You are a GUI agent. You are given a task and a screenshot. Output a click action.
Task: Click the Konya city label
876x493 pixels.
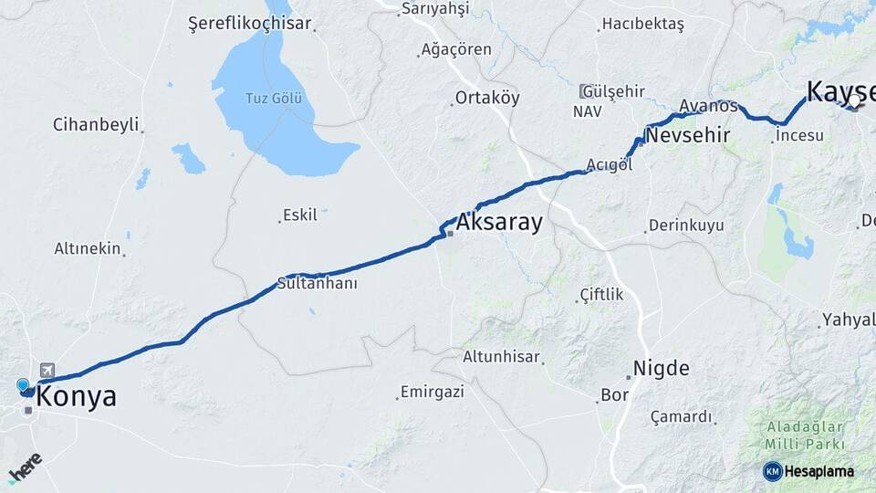coord(76,397)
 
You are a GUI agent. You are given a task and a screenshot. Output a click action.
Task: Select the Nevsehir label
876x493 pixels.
coord(687,136)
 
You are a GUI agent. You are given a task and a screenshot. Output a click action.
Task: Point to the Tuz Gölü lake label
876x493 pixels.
coord(272,99)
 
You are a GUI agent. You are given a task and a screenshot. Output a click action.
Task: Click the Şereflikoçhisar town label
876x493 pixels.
coord(249,24)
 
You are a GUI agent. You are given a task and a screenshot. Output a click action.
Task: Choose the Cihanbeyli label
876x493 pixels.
coord(96,124)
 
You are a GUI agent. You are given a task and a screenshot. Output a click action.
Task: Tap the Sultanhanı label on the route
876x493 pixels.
coord(318,283)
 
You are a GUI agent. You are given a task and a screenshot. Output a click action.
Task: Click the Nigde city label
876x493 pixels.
coord(662,369)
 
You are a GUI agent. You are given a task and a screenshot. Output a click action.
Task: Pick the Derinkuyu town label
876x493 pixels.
coord(686,225)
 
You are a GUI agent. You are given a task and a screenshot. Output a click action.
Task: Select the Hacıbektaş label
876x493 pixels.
coord(643,25)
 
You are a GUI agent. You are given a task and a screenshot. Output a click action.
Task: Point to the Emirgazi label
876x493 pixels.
coord(432,392)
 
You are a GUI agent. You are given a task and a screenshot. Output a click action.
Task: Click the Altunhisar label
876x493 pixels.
coord(501,357)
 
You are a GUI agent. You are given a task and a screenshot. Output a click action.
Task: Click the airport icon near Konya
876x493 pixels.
coord(47,370)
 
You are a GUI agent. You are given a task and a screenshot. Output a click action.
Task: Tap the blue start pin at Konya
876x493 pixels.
coord(23,385)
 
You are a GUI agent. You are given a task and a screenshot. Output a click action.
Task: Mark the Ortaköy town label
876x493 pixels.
coord(487,98)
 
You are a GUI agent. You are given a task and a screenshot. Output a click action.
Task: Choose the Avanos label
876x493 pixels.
coord(708,106)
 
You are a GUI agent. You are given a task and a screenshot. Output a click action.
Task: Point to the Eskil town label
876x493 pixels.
coord(300,215)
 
